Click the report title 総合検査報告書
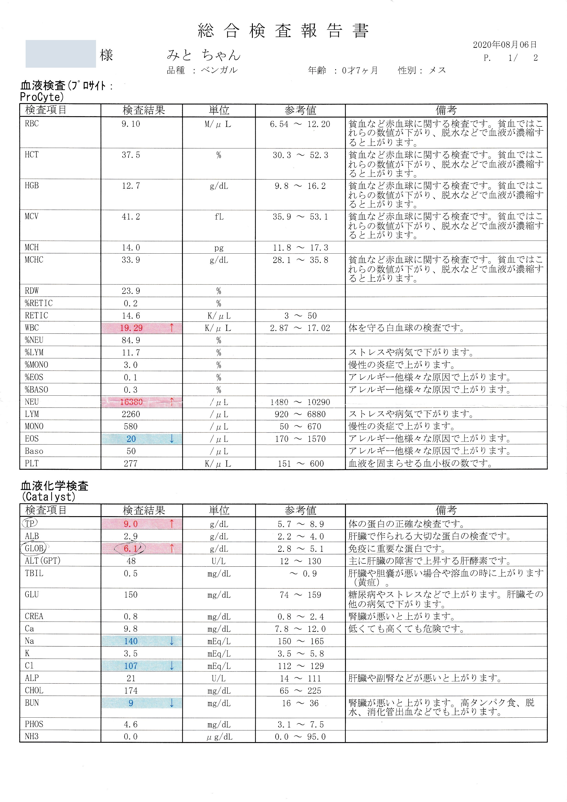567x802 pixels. pos(283,31)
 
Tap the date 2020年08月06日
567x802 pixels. pos(505,45)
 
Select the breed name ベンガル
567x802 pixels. pos(219,70)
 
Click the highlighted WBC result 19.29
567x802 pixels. pos(131,328)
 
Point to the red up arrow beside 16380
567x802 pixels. pos(171,402)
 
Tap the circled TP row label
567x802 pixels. pos(30,523)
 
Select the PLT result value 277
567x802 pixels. pos(131,464)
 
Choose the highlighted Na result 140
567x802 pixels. pos(131,641)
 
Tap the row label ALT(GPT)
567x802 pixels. pos(43,561)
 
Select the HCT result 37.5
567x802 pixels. pos(131,155)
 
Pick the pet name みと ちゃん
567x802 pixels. pos(203,55)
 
